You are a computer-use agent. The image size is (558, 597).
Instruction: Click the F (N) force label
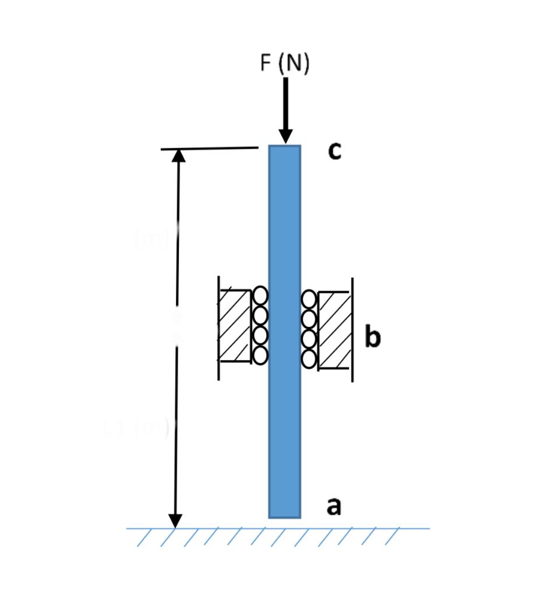[284, 63]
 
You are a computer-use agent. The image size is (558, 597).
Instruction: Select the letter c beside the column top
[334, 150]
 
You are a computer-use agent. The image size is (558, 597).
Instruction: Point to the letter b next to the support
[372, 337]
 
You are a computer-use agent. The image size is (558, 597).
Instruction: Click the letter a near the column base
[333, 506]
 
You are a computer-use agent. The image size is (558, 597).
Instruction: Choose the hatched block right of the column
[335, 330]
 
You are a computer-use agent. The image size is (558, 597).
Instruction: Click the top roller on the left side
[260, 296]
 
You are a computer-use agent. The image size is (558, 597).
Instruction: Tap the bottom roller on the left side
[260, 354]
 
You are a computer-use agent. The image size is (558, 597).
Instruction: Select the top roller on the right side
[309, 300]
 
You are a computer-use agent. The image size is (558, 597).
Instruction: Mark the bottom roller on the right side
[309, 359]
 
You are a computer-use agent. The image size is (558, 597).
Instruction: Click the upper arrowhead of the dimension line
[178, 156]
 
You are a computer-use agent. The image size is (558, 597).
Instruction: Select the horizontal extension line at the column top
[210, 148]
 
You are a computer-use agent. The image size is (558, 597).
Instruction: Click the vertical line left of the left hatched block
[218, 328]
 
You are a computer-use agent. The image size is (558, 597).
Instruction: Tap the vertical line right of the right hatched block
[352, 330]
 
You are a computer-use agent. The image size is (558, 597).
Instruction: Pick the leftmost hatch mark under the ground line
[143, 538]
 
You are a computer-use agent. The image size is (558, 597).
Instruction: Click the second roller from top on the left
[260, 315]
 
